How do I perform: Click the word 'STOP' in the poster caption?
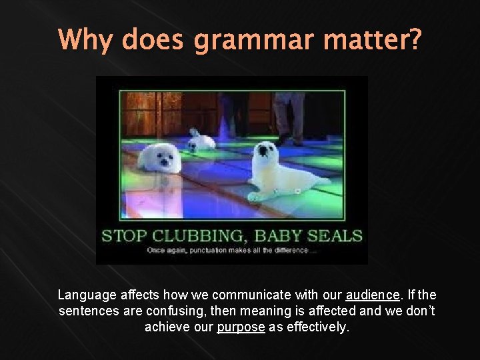(125, 236)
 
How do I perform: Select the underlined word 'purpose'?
(241, 328)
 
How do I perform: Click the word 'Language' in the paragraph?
(84, 295)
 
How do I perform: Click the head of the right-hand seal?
(266, 151)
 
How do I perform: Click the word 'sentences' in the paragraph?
(83, 311)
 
